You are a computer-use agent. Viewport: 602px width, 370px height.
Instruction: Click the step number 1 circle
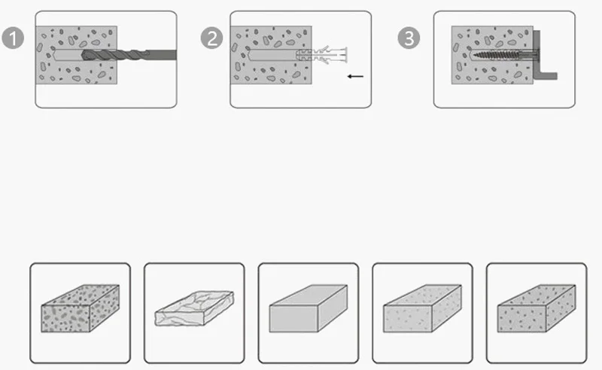click(x=13, y=38)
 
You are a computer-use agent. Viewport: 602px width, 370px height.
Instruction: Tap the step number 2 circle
click(x=211, y=38)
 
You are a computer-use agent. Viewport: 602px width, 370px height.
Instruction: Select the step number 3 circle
click(x=409, y=38)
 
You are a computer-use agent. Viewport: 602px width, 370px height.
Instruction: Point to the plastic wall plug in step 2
click(x=323, y=55)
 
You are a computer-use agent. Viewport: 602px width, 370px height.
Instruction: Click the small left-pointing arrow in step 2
click(x=355, y=77)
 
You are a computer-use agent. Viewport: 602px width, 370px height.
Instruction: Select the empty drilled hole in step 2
click(x=272, y=55)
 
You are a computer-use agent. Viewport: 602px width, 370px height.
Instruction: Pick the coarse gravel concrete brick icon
click(x=81, y=308)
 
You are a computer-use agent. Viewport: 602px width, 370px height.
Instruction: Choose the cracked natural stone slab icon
click(x=194, y=308)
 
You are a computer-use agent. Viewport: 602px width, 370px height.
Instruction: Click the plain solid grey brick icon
click(x=309, y=308)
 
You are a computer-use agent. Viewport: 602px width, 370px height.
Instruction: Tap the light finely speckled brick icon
click(x=422, y=308)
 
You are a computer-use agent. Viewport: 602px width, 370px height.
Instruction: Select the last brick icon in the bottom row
click(x=537, y=308)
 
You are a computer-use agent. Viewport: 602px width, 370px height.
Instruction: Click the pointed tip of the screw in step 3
click(x=474, y=55)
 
